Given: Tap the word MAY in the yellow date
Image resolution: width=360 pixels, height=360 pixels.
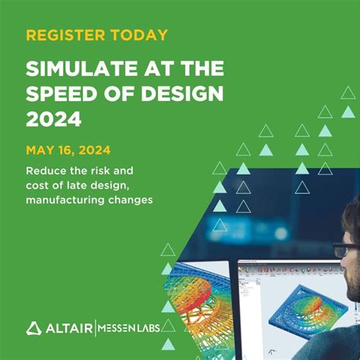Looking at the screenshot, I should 41,150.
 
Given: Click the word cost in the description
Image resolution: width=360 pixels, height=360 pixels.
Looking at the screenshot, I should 38,185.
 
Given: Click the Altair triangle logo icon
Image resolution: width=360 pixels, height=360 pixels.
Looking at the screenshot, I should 34,327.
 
